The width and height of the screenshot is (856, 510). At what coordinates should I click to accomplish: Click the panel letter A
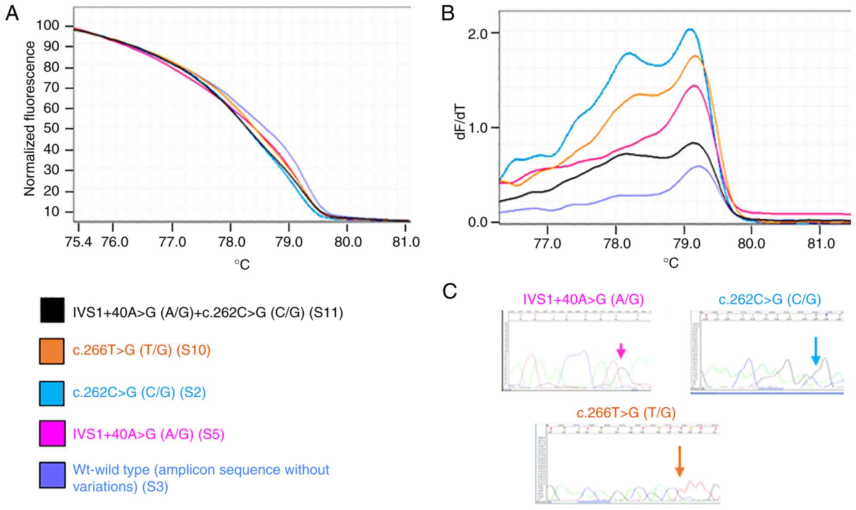coord(12,14)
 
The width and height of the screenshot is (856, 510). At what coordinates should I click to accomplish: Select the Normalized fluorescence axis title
coord(29,119)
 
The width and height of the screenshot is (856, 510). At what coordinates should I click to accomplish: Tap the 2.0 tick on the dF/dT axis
coord(478,33)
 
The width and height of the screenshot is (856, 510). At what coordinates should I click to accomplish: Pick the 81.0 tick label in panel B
coord(821,243)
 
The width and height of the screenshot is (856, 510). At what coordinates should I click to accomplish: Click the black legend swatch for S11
coord(52,310)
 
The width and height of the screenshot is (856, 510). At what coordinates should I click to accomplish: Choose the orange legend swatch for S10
coord(52,351)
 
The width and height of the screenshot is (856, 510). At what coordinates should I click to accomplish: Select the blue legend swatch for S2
coord(52,393)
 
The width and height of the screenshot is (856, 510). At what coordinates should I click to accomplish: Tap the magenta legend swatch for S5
coord(52,433)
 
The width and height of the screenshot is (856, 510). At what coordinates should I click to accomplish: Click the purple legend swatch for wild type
coord(52,475)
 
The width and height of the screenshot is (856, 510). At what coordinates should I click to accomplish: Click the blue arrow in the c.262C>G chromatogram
coord(816,351)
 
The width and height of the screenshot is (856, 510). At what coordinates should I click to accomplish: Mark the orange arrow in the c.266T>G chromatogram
coord(679,461)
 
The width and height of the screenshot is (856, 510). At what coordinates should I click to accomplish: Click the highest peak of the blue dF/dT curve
coord(690,29)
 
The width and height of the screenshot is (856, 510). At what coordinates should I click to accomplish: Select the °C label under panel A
coord(242,265)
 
